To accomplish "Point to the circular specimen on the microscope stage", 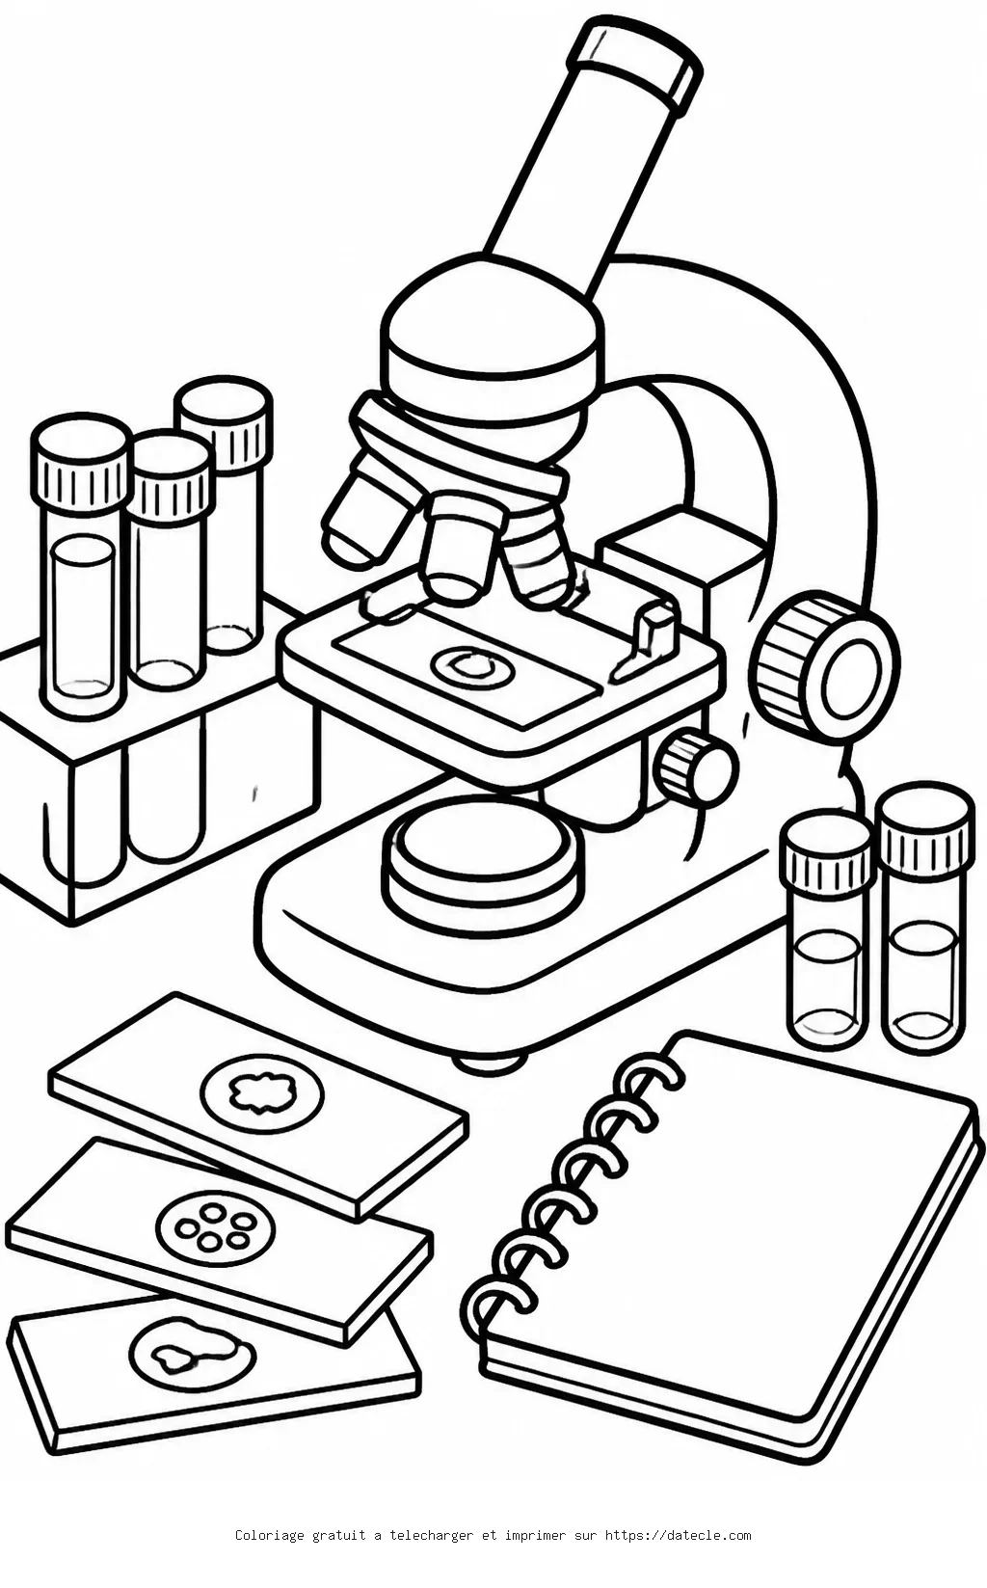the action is [469, 666].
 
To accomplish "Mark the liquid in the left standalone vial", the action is [828, 980].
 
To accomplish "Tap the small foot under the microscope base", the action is [490, 1062].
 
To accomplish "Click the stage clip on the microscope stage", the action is [649, 638].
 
